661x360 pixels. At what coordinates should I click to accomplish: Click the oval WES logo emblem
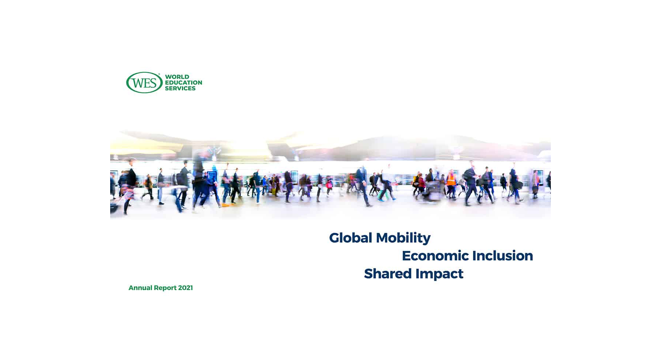[x=144, y=83]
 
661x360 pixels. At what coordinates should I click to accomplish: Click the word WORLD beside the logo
[x=177, y=77]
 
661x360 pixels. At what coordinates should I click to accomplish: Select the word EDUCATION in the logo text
[x=183, y=83]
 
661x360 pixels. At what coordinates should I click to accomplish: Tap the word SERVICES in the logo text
[x=180, y=89]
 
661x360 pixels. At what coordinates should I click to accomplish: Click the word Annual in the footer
[x=140, y=288]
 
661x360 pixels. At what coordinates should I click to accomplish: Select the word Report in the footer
[x=165, y=288]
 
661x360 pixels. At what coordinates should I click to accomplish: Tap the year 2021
[x=185, y=288]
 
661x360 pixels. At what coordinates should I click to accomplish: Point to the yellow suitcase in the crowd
[x=273, y=191]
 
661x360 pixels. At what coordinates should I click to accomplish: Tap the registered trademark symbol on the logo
[x=159, y=74]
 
